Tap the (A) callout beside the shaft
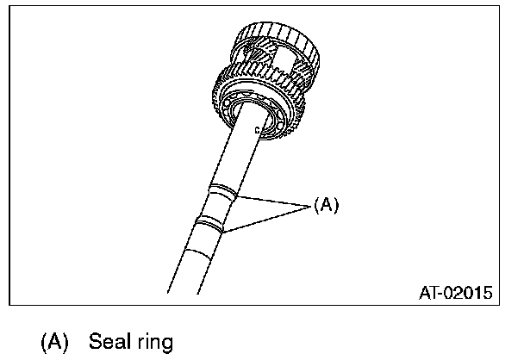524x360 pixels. [327, 204]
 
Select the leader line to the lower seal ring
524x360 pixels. [267, 218]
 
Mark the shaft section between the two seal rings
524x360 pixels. [216, 207]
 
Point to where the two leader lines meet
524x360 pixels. [308, 205]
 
